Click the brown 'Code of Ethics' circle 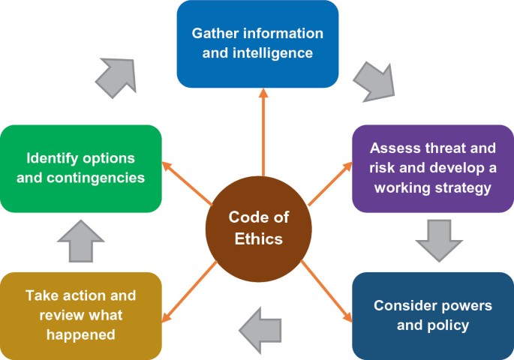[258, 227]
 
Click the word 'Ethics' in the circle [258, 239]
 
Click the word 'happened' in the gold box [80, 334]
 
